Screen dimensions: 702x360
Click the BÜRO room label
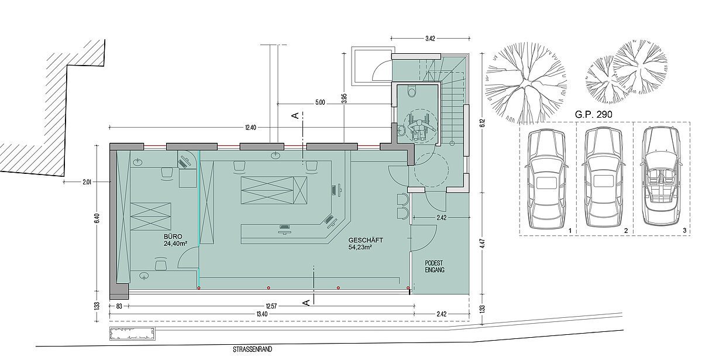point(173,236)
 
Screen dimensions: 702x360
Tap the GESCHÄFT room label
point(366,240)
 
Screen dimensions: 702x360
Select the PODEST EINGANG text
point(434,266)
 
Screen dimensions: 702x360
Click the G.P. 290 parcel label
point(593,115)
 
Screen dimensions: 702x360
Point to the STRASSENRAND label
point(252,349)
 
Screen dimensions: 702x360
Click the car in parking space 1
point(546,179)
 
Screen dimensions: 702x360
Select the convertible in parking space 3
point(661,176)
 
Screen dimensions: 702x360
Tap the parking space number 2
point(626,231)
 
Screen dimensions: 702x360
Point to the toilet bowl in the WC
point(411,92)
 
